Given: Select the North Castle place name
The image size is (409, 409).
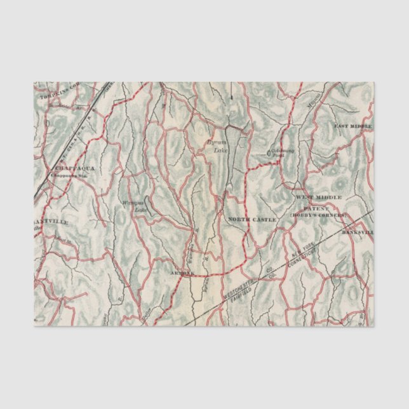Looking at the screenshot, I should click(252, 219).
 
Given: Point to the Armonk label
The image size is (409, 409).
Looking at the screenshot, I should click(182, 273).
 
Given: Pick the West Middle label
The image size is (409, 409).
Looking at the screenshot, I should click(318, 198).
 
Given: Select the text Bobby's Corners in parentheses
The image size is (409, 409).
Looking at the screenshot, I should click(319, 216).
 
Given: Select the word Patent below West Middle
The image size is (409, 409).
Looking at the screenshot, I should click(319, 207).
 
